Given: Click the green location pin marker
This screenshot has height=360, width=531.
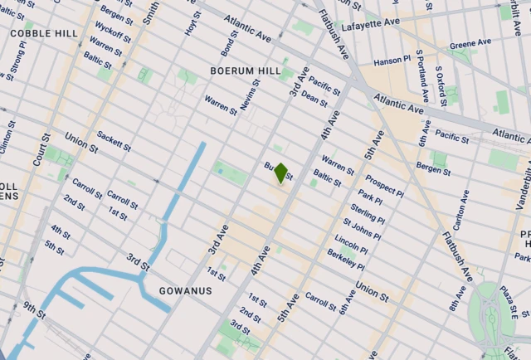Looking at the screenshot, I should tap(281, 173).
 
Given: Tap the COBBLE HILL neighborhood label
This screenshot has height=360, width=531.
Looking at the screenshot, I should tap(44, 34).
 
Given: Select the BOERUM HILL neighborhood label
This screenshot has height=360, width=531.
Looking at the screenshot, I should tap(246, 71).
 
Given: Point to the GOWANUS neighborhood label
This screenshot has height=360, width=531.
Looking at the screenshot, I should tap(186, 291).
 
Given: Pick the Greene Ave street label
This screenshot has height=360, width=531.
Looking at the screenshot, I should tap(470, 44).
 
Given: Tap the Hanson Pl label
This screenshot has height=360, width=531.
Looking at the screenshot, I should tap(392, 61).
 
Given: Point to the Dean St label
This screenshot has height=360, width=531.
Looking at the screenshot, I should tap(315, 99).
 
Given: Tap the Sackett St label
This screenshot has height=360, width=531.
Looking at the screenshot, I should tap(114, 142).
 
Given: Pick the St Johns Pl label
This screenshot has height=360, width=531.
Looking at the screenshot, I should tap(362, 226).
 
